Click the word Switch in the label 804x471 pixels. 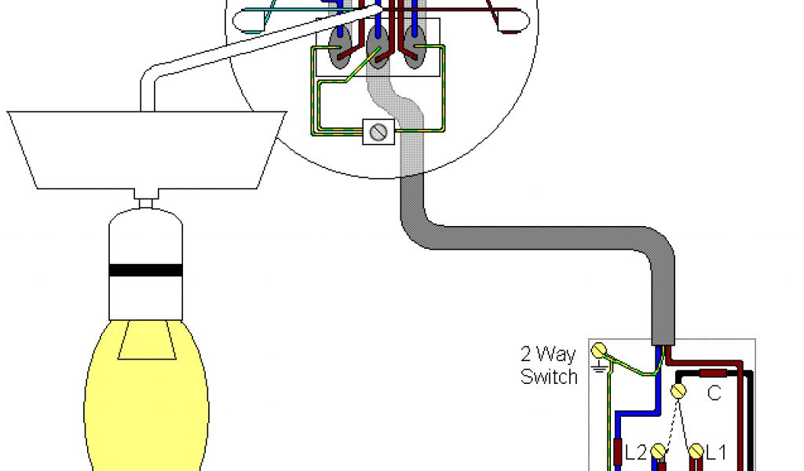(x=549, y=377)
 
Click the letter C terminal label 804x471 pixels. (x=714, y=394)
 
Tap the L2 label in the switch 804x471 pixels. (x=636, y=452)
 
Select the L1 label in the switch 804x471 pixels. (x=716, y=452)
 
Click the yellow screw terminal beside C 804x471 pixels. (x=679, y=391)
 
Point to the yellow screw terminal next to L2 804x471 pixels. (x=658, y=452)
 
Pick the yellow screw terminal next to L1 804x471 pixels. (x=696, y=452)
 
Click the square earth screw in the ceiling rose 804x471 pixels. (x=378, y=132)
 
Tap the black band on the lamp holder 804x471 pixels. (x=146, y=271)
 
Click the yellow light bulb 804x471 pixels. (x=146, y=392)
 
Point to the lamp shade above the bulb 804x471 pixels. (x=146, y=149)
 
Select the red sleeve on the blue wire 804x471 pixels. (x=619, y=452)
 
